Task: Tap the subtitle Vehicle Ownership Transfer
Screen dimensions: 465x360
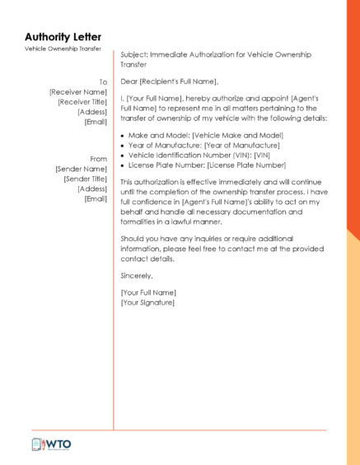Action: tap(63, 49)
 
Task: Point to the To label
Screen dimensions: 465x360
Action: tap(103, 82)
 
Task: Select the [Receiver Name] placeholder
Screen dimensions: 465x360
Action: tap(78, 92)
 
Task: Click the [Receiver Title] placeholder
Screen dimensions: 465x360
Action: tap(82, 102)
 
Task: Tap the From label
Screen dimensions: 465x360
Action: tap(98, 159)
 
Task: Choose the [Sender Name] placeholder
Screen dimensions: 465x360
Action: tap(81, 169)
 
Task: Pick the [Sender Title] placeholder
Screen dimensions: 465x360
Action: tap(85, 179)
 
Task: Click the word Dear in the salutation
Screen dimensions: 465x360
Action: tap(129, 81)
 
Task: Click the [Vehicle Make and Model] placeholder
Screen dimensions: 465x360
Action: tap(237, 135)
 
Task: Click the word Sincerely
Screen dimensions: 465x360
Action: tap(137, 276)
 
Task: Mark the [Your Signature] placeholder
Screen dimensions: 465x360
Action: tap(147, 302)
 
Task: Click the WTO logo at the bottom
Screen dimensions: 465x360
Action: tap(52, 444)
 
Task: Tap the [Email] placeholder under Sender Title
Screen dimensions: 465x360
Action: tap(96, 198)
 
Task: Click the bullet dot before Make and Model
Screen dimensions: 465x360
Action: tap(123, 135)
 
